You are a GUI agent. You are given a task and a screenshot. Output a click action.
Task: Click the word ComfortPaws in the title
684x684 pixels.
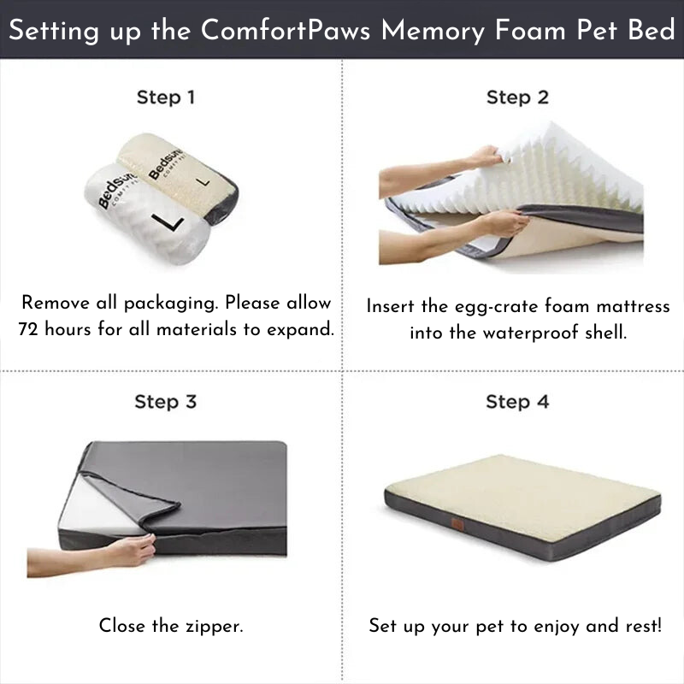pos(286,30)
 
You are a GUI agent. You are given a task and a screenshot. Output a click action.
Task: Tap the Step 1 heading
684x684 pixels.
pos(166,97)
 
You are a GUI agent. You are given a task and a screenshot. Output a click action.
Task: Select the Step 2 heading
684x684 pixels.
pos(517,97)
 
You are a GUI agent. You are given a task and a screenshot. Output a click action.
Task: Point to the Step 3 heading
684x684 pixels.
pos(166,401)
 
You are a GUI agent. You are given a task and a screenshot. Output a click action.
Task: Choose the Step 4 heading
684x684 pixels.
pos(517,401)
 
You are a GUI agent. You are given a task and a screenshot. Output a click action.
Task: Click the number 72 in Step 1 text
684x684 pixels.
pos(31,329)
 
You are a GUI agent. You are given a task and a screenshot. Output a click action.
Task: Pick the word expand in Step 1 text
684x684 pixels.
pos(303,329)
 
